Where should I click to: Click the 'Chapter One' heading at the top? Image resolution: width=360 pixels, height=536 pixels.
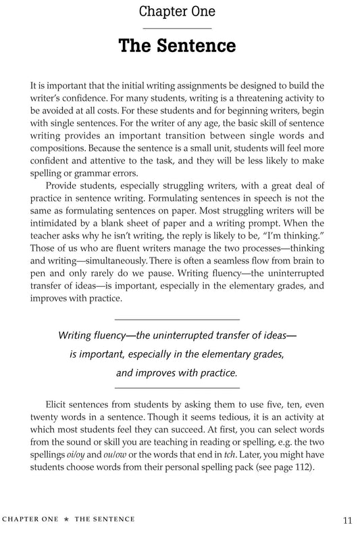tap(178, 11)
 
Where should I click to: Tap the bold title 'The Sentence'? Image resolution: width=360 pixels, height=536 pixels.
tap(178, 46)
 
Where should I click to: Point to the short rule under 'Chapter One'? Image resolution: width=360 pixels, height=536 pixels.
tap(178, 28)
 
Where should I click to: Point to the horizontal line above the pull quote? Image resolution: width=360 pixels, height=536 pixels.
tap(178, 318)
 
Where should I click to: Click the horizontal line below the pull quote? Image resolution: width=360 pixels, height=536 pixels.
tap(178, 387)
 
